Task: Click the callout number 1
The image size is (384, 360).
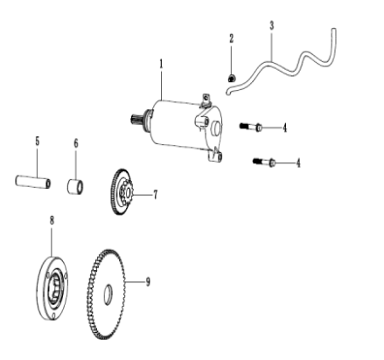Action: [161, 65]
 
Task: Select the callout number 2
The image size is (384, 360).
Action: [232, 38]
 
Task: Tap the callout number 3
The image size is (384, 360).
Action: [272, 25]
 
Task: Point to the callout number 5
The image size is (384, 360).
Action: [38, 142]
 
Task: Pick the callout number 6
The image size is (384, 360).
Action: [76, 143]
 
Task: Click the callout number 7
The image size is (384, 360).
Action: [156, 195]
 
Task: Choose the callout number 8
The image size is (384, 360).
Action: [52, 220]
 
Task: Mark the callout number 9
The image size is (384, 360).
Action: [148, 281]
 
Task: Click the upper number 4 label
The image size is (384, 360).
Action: [285, 128]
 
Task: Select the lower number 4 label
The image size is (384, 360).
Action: [298, 163]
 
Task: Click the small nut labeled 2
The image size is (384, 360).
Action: [232, 79]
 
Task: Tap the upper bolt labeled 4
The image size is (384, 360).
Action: [251, 127]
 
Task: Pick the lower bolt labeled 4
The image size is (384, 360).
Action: [264, 162]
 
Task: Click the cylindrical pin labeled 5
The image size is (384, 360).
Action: [33, 181]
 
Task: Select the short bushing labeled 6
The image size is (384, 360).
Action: [75, 187]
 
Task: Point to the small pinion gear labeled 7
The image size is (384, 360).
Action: [127, 191]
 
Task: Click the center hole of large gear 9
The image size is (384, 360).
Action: [108, 294]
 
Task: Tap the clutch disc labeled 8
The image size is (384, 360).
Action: [52, 288]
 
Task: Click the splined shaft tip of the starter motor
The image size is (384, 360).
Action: [136, 118]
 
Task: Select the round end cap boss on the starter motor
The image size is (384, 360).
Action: [216, 128]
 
